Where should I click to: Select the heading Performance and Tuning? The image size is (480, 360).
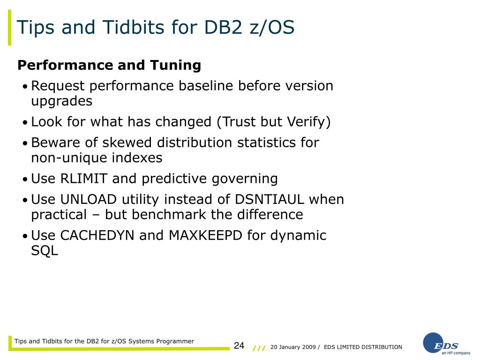[109, 65]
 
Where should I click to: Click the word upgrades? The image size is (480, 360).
[61, 101]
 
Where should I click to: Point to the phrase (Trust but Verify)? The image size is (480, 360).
[273, 122]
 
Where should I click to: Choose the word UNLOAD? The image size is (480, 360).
[89, 199]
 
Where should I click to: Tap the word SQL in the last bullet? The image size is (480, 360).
[45, 251]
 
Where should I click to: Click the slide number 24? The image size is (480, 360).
[239, 346]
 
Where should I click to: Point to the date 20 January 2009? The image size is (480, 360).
[292, 347]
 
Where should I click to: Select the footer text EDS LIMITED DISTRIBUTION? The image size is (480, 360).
[363, 347]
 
